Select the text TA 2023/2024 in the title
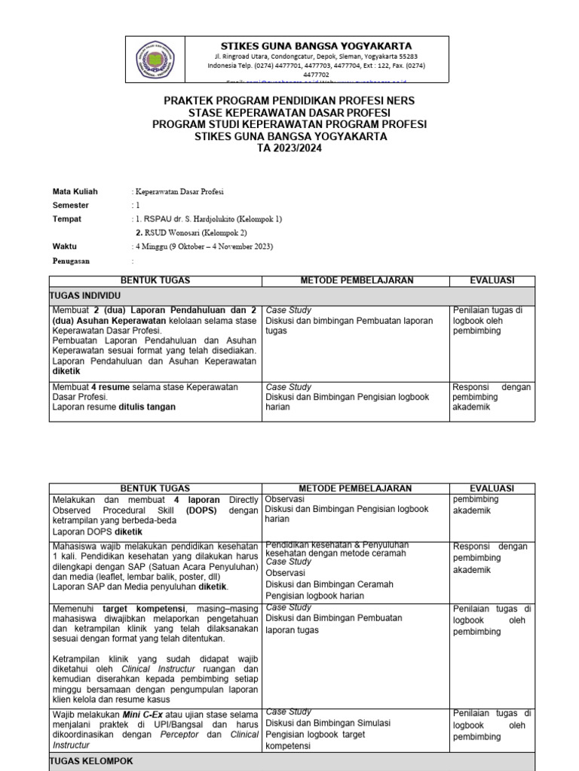[290, 148]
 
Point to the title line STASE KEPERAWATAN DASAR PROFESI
[290, 112]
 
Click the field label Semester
[71, 205]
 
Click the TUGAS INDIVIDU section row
[79, 297]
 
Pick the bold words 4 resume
[109, 387]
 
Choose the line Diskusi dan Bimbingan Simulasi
[328, 723]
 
